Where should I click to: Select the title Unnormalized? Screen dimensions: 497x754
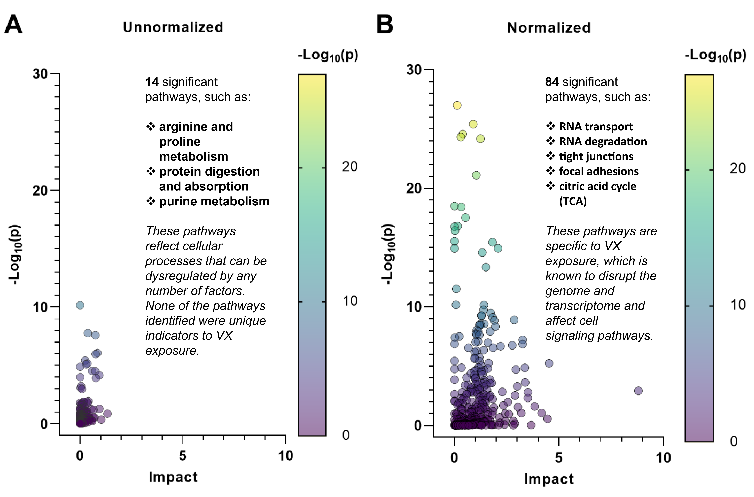(x=173, y=27)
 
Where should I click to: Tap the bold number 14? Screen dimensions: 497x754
(x=152, y=82)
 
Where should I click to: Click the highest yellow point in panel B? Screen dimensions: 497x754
(x=457, y=105)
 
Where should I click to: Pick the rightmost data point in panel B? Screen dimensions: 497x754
(x=638, y=391)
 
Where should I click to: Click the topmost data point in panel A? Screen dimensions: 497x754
(x=80, y=305)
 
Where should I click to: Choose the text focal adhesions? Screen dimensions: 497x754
(x=599, y=171)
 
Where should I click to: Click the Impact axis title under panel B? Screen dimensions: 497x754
(x=549, y=479)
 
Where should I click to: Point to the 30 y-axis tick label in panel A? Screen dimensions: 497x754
(x=40, y=74)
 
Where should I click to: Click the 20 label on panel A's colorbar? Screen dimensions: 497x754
(x=350, y=166)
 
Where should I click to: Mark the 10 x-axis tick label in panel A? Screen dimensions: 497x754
(x=285, y=456)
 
